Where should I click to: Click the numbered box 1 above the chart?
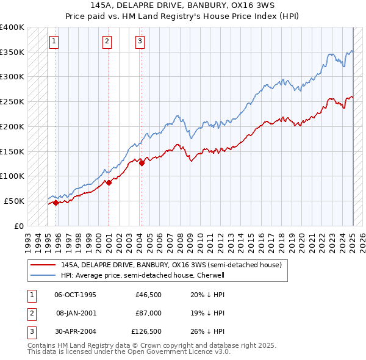point(54,41)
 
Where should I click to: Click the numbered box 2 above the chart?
point(107,41)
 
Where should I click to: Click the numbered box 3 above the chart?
point(140,41)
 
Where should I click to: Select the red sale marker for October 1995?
point(56,203)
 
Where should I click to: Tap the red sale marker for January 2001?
point(109,182)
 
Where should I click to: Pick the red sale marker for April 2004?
point(142,163)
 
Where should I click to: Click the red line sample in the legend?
point(43,265)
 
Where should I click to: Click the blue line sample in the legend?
point(43,275)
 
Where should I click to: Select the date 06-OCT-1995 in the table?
point(76,295)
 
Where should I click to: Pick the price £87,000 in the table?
point(148,313)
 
